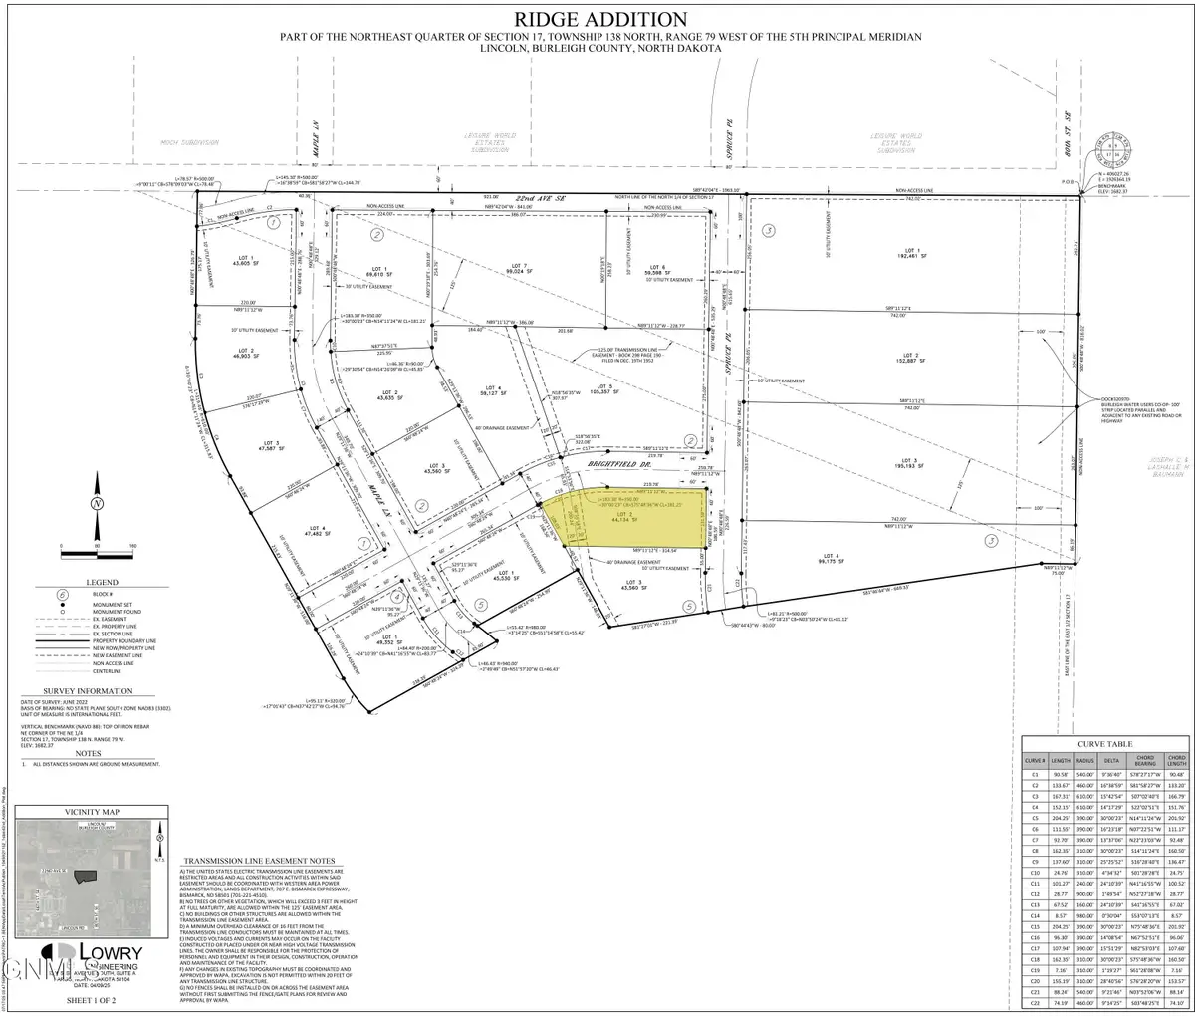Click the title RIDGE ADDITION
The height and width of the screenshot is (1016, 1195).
(x=598, y=19)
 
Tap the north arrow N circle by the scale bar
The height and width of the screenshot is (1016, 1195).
(x=97, y=504)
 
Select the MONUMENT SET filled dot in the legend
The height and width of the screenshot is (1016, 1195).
(x=63, y=605)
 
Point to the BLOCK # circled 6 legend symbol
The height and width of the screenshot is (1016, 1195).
(x=63, y=594)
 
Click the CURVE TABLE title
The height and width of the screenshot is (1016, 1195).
(x=1105, y=744)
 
